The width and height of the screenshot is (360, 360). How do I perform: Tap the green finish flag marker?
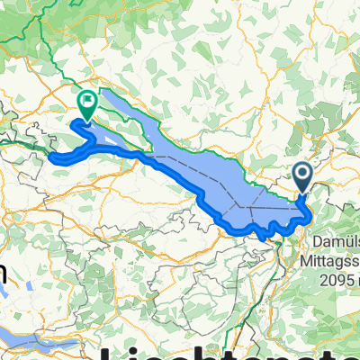(x=87, y=103)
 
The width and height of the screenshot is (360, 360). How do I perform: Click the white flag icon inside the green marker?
(x=87, y=100)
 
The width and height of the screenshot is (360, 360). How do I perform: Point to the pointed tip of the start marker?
(x=301, y=192)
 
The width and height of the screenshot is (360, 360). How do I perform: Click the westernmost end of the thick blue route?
(x=51, y=158)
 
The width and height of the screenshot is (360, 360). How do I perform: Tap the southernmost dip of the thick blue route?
(x=266, y=237)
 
